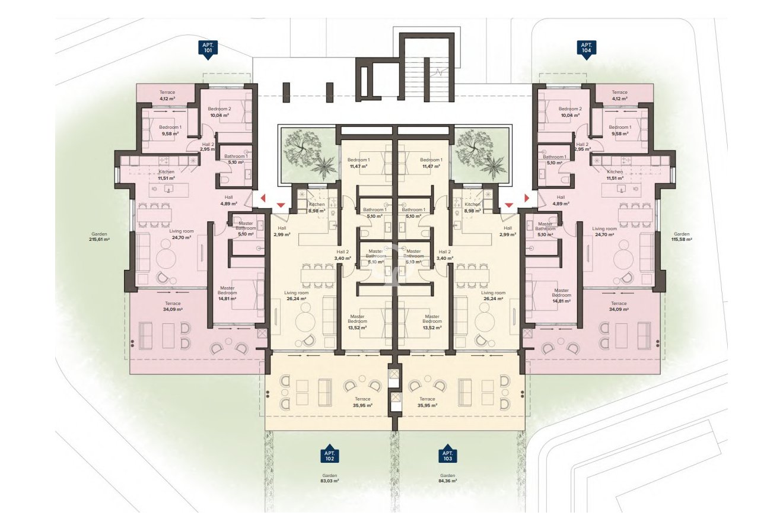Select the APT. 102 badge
[x=330, y=455]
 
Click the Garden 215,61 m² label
[x=99, y=237]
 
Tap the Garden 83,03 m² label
[x=330, y=478]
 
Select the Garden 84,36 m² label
[x=448, y=478]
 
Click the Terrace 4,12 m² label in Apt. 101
[x=167, y=96]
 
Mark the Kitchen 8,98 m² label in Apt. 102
[x=317, y=207]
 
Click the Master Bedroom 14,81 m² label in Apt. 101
[x=227, y=294]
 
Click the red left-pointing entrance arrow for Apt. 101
[x=262, y=199]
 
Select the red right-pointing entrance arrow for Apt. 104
[x=526, y=199]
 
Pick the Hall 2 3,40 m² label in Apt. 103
[x=444, y=255]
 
